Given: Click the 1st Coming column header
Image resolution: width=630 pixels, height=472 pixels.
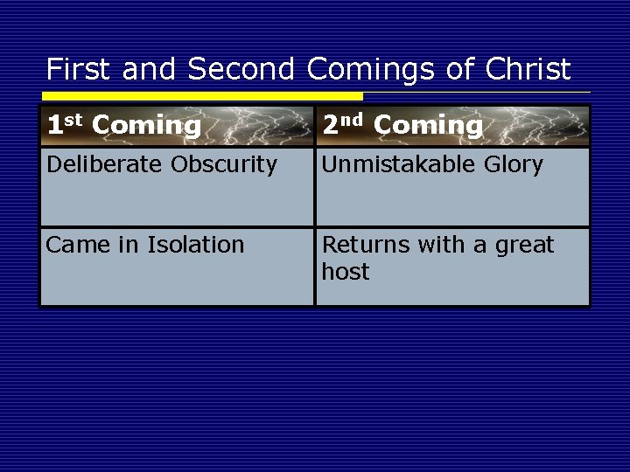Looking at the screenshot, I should pos(123,126).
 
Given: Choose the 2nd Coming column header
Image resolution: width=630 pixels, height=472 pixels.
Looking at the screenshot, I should pos(402,126).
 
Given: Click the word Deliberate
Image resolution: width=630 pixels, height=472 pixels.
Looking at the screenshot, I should pos(97,164).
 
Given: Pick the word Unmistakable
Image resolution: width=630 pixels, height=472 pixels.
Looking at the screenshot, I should pos(394,164).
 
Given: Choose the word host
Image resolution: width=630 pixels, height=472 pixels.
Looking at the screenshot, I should pos(346,272).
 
